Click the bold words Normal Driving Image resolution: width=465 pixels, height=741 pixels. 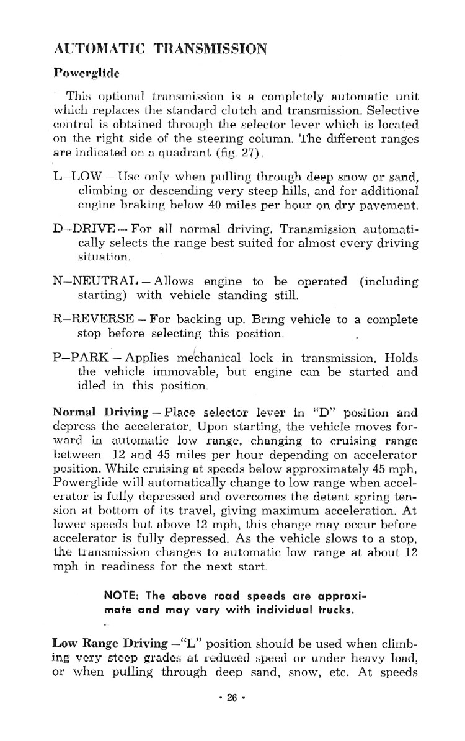[x=100, y=412]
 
